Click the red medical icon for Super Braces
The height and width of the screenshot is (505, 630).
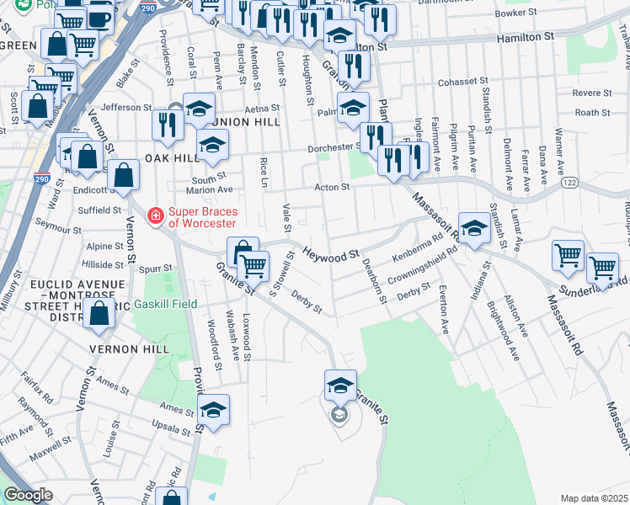click(x=155, y=217)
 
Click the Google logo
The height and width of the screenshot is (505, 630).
click(x=28, y=495)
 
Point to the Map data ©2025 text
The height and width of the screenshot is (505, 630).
click(x=594, y=498)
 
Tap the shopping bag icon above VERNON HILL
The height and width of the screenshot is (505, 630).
click(x=99, y=312)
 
